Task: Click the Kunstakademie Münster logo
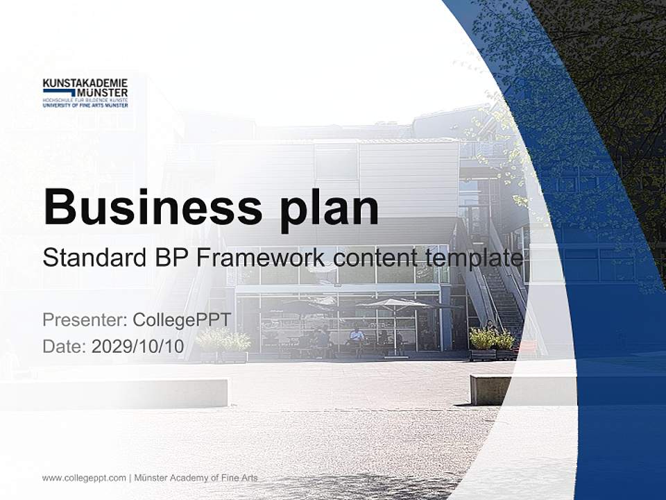tap(85, 92)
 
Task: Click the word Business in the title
tap(153, 206)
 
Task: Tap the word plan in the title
tap(330, 208)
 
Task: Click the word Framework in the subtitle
tap(262, 258)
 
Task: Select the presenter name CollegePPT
tap(181, 320)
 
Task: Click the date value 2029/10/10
tap(138, 347)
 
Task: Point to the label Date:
tap(65, 347)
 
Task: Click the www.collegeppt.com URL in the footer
tap(84, 478)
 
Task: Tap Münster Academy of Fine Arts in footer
tap(196, 478)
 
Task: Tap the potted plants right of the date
tap(224, 345)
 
